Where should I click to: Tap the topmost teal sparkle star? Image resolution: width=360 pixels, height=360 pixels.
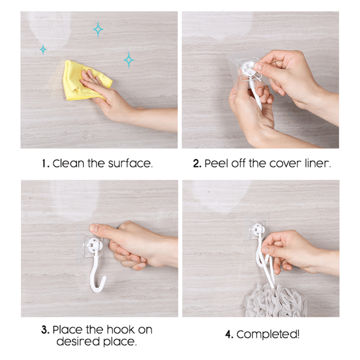(x=98, y=29)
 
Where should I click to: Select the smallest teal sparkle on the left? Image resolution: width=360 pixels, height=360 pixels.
(x=43, y=49)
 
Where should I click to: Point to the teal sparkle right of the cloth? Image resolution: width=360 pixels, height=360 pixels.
(x=128, y=60)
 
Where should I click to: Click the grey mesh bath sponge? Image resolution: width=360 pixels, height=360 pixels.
(x=275, y=301)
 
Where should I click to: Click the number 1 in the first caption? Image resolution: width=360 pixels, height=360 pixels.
(x=44, y=163)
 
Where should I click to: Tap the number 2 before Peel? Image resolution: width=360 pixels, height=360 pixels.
(x=196, y=163)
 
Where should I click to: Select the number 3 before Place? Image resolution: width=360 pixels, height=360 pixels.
(x=45, y=330)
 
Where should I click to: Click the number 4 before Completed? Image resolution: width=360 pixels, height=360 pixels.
(x=228, y=334)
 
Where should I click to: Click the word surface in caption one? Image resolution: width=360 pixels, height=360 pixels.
(x=129, y=163)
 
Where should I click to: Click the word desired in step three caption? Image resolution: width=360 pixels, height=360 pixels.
(x=78, y=341)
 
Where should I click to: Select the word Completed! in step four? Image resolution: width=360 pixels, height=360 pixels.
(x=268, y=334)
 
